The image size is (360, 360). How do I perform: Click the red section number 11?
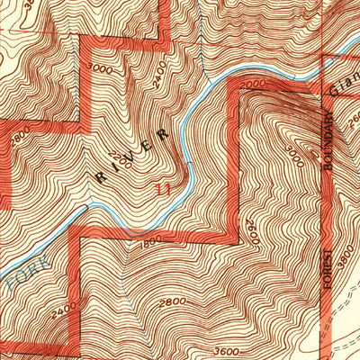point(163,190)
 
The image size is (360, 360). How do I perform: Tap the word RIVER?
point(132,155)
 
